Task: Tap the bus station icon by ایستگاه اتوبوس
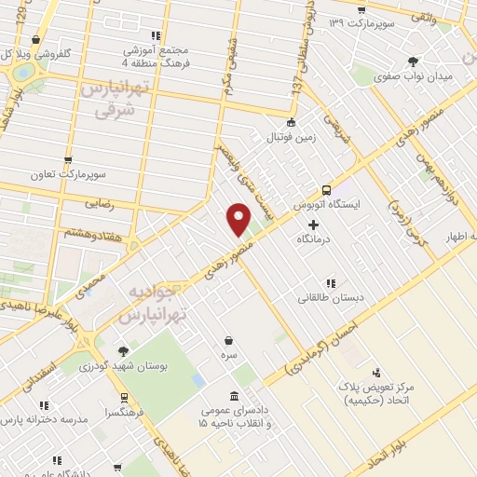[x=326, y=186]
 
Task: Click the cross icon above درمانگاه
[x=313, y=225]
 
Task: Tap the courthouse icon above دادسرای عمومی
[x=233, y=395]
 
